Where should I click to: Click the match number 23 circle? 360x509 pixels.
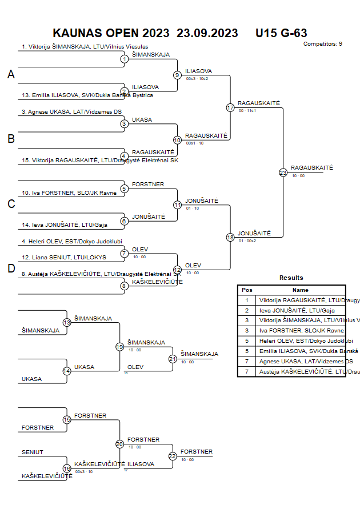tap(283, 172)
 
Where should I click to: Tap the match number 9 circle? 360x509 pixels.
tap(177, 75)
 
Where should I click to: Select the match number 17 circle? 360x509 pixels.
tap(230, 107)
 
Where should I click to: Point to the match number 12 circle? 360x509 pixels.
tap(177, 269)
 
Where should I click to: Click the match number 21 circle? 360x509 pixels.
tap(173, 359)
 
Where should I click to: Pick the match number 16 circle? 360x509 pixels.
tap(67, 468)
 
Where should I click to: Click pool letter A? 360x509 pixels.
tap(11, 74)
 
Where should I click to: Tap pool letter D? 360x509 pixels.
tap(11, 268)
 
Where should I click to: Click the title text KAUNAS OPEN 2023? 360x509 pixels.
tap(111, 33)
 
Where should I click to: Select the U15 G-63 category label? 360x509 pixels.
tap(281, 33)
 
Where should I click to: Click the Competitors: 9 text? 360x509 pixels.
tap(323, 44)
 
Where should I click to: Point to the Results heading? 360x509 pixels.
tap(291, 278)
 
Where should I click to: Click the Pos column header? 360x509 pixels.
tap(247, 290)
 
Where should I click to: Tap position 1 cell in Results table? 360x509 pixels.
tap(247, 300)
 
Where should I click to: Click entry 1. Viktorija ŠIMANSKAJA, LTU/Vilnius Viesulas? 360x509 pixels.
tap(85, 47)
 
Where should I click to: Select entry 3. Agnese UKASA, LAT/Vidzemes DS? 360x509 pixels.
tap(71, 112)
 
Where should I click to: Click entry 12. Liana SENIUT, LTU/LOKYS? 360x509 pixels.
tap(59, 258)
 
